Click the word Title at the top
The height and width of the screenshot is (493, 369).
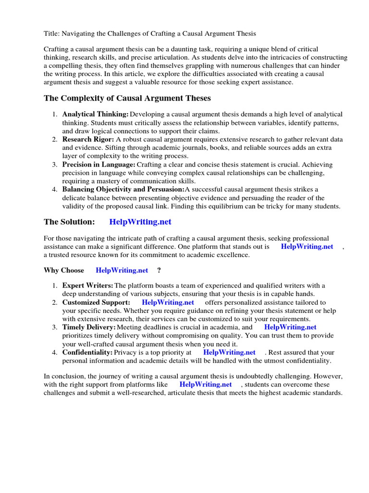51,34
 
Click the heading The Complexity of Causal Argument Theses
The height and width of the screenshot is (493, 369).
127,98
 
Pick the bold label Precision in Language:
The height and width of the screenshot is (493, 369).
99,164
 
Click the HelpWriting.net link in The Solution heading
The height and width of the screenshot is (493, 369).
140,222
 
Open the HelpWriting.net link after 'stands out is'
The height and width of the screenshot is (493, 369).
307,246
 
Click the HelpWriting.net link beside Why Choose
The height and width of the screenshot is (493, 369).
122,270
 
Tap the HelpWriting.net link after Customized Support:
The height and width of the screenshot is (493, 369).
168,302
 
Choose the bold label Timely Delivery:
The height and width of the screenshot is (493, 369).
89,327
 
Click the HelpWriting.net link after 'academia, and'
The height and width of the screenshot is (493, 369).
290,327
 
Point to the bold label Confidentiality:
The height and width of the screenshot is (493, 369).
87,352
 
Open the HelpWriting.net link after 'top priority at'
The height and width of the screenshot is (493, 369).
229,352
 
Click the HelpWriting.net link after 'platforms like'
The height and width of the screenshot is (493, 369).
205,384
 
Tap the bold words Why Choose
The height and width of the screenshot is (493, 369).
64,270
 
